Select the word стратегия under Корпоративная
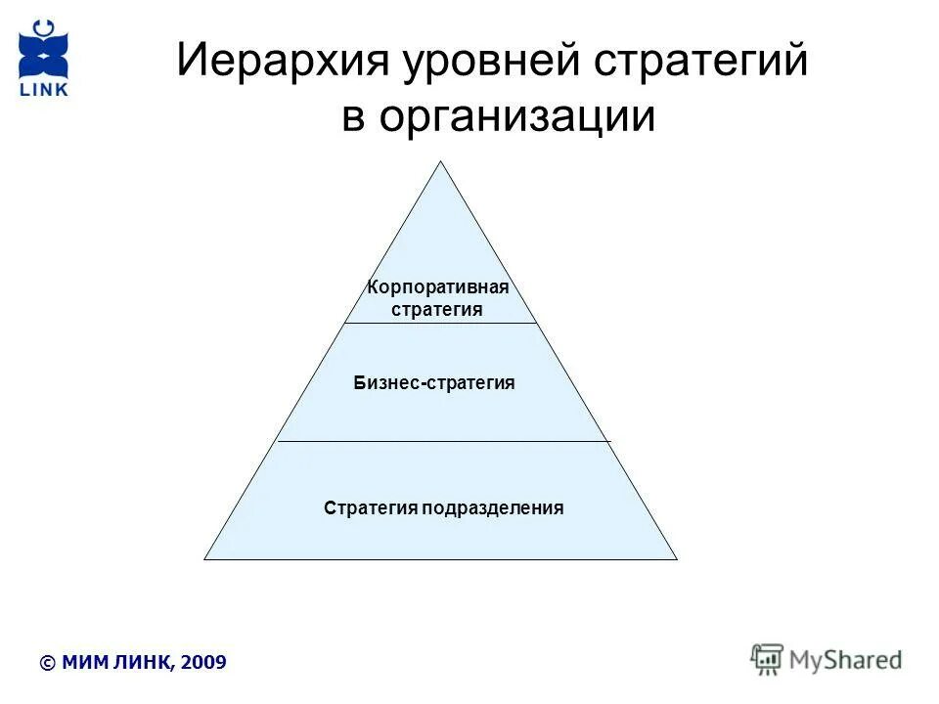(437, 309)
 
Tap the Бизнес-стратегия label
(434, 383)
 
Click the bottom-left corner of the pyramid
(205, 558)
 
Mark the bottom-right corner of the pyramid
(676, 558)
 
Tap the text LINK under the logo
(44, 91)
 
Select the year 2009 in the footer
(204, 663)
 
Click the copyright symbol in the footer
(47, 663)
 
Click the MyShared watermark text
(846, 659)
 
